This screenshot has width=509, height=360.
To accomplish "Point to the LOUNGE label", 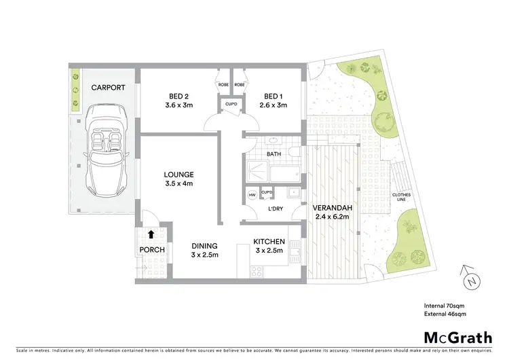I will (178, 179).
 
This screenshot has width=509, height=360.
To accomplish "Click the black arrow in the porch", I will (151, 235).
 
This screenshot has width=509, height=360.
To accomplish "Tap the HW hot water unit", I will (252, 195).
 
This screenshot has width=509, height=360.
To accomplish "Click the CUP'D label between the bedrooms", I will (231, 104).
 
